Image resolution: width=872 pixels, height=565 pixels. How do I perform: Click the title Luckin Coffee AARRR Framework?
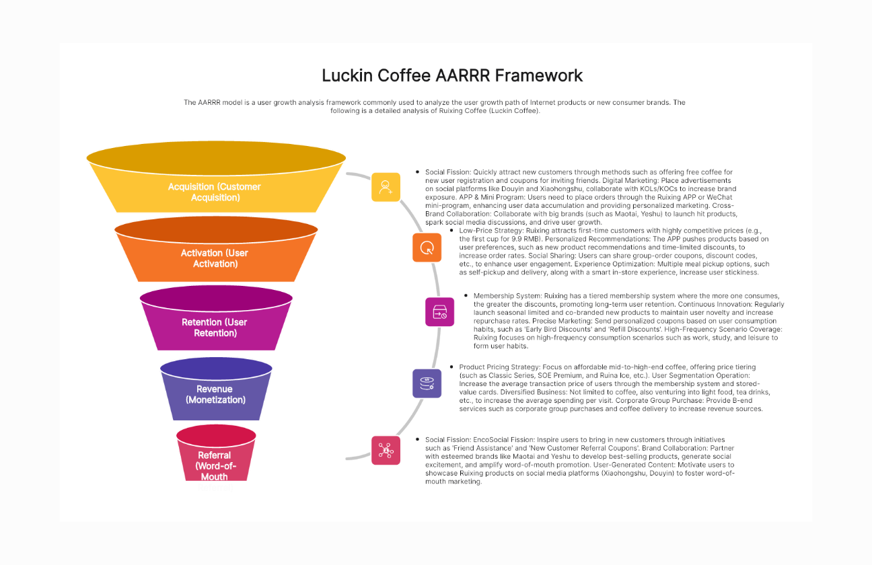452,75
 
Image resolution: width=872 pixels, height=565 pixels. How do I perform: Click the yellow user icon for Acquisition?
386,187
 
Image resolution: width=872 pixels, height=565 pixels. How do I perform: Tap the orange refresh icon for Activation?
427,248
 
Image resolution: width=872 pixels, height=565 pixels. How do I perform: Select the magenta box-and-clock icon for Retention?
439,312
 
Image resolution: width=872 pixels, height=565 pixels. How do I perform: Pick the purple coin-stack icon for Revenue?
427,383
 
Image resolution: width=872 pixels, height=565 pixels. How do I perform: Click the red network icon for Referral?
386,449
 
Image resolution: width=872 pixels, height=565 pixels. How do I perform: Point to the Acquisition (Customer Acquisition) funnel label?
215,192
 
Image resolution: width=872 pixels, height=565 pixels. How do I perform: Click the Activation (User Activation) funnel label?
215,258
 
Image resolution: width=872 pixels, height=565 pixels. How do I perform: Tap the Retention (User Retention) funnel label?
215,328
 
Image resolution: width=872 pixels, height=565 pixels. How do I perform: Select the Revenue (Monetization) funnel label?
215,394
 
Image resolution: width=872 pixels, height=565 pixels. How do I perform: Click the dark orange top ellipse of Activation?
215,231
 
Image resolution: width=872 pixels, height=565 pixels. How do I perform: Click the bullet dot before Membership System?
466,296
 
